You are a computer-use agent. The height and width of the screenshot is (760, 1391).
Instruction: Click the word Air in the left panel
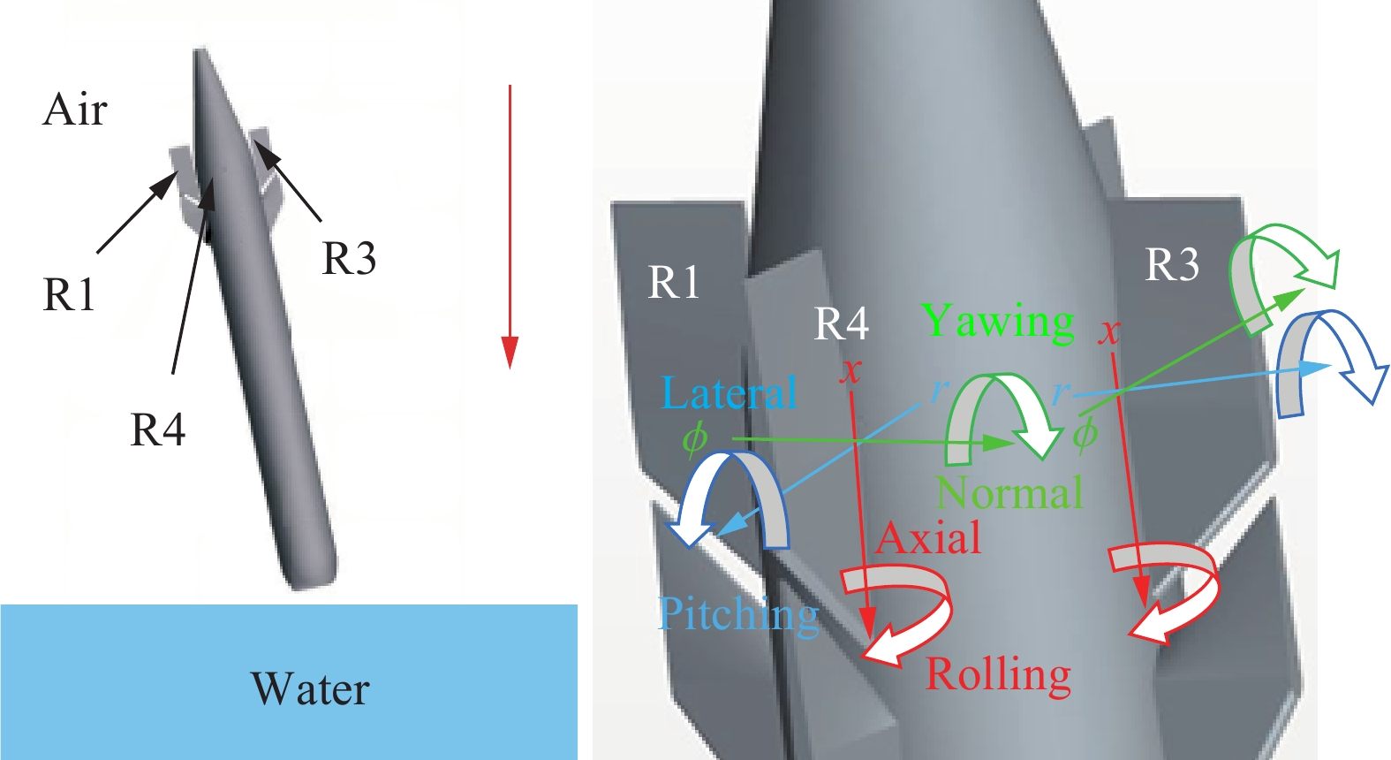click(75, 110)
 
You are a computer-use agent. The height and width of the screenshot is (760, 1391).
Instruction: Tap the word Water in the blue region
click(310, 689)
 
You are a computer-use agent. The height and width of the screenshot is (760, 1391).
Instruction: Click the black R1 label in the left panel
click(69, 295)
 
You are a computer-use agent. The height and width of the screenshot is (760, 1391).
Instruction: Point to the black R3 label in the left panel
click(349, 259)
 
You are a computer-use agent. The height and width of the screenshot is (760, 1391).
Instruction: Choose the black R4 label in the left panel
click(157, 430)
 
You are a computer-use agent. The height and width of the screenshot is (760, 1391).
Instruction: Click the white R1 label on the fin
click(675, 283)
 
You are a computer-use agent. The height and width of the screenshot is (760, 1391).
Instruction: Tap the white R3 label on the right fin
click(1172, 264)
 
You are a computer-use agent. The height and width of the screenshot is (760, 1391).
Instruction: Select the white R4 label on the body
click(841, 324)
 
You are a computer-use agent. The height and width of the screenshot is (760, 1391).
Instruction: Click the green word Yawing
click(998, 322)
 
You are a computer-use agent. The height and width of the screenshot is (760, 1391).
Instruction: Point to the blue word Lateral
click(730, 393)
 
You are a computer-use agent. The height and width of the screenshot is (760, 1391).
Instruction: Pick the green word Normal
click(1009, 493)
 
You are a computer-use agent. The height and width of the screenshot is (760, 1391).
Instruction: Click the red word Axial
click(928, 538)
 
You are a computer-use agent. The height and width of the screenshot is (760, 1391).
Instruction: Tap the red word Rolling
click(998, 675)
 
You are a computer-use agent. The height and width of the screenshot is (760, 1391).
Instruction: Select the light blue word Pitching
click(738, 614)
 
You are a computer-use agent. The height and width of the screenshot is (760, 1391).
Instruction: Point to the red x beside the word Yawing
click(1109, 332)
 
